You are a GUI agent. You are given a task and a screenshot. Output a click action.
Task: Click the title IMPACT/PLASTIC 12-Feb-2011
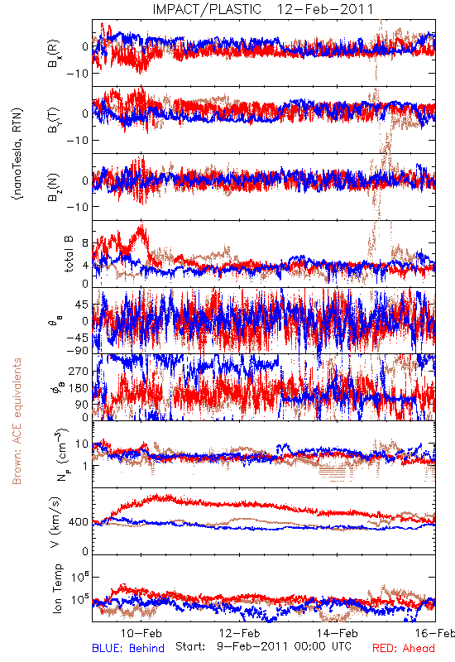pyautogui.click(x=262, y=9)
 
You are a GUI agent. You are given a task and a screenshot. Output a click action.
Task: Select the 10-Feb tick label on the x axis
pyautogui.click(x=141, y=633)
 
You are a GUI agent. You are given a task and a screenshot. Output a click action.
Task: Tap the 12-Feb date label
pyautogui.click(x=239, y=633)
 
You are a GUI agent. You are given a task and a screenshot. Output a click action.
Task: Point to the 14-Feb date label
pyautogui.click(x=338, y=633)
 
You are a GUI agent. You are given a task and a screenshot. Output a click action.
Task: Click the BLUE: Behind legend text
pyautogui.click(x=128, y=648)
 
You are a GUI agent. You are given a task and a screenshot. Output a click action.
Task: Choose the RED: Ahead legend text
pyautogui.click(x=403, y=648)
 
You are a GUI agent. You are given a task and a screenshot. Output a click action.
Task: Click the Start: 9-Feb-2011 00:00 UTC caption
pyautogui.click(x=263, y=646)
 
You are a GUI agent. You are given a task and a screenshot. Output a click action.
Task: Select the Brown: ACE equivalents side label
pyautogui.click(x=17, y=421)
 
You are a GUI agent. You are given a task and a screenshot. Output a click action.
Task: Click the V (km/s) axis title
pyautogui.click(x=55, y=522)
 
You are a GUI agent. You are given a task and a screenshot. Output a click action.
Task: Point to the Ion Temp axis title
pyautogui.click(x=57, y=588)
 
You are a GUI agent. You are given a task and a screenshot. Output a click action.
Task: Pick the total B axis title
pyautogui.click(x=69, y=254)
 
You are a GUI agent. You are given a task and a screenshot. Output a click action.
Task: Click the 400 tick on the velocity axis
pyautogui.click(x=79, y=522)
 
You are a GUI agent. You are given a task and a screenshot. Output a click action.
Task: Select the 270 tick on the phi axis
pyautogui.click(x=79, y=371)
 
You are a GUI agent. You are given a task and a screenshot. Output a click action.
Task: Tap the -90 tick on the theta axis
pyautogui.click(x=78, y=350)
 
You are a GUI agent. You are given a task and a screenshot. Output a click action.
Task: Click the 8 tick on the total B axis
pyautogui.click(x=85, y=243)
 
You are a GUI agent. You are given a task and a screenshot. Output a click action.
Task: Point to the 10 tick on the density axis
pyautogui.click(x=82, y=444)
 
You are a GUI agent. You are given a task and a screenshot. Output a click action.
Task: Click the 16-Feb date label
pyautogui.click(x=435, y=633)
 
